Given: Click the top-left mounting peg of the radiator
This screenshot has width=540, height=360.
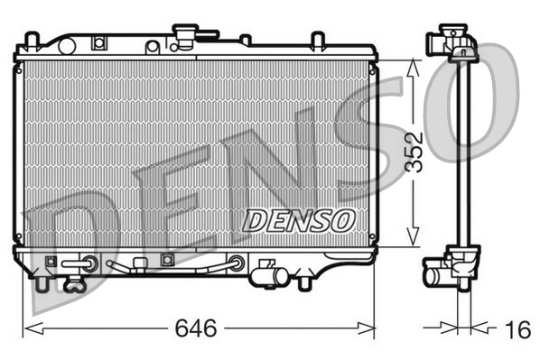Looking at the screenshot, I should coord(33,41).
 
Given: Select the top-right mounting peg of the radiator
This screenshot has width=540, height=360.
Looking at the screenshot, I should coord(317,41).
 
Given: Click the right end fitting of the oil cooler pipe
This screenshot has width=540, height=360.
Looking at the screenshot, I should coord(237,263).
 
